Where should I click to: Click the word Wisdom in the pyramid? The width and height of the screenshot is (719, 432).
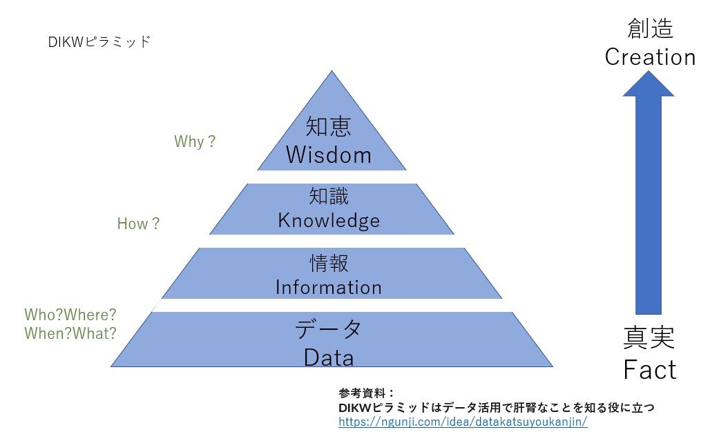point(329,155)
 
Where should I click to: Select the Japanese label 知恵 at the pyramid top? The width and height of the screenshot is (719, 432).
point(329,126)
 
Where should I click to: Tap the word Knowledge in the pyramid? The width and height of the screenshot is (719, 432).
point(329,220)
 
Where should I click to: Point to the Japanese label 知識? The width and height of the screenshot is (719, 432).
point(329,197)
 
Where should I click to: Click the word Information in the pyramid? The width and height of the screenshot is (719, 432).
point(329,286)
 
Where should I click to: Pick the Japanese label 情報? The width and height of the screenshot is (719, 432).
point(329,263)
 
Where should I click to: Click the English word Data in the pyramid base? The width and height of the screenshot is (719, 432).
point(329,357)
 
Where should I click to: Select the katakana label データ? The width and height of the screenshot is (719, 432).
point(329,330)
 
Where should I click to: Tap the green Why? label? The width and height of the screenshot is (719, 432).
point(195,142)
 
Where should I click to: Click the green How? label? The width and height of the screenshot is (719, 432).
point(138,224)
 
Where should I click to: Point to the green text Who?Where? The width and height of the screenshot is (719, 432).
point(70,315)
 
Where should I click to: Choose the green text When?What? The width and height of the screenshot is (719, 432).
point(70,333)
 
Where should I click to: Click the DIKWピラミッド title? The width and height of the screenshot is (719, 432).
point(99,41)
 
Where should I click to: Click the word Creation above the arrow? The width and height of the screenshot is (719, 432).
point(650,57)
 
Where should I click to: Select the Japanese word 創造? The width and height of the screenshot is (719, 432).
point(650,28)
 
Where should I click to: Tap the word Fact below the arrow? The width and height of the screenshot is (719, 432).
point(650,370)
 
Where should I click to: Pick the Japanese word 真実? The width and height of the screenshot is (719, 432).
point(650,338)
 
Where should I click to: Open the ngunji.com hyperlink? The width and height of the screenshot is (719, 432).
point(463,421)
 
